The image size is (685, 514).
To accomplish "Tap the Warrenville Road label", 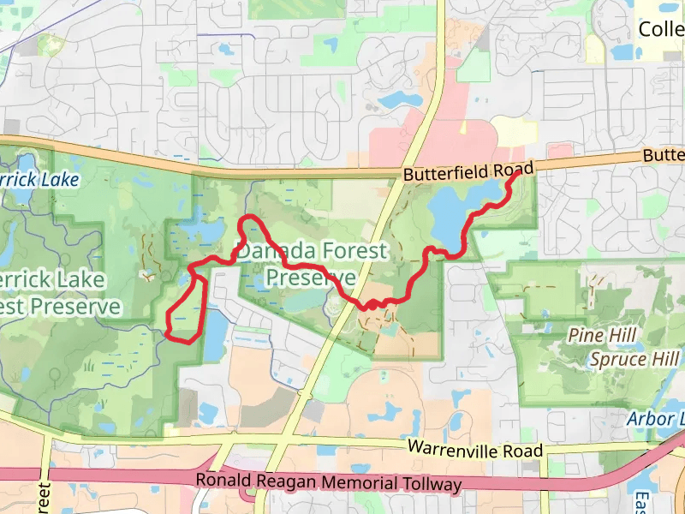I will [x=474, y=448].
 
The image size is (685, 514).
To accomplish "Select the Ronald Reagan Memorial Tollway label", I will [x=329, y=482].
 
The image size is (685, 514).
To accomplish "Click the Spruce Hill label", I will [x=634, y=359].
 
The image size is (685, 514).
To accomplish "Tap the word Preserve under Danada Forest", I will [x=310, y=278].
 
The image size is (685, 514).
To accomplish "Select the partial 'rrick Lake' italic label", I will [x=39, y=180].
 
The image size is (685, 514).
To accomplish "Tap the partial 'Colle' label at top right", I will [x=662, y=30].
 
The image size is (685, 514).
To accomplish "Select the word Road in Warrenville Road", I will [x=525, y=450].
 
